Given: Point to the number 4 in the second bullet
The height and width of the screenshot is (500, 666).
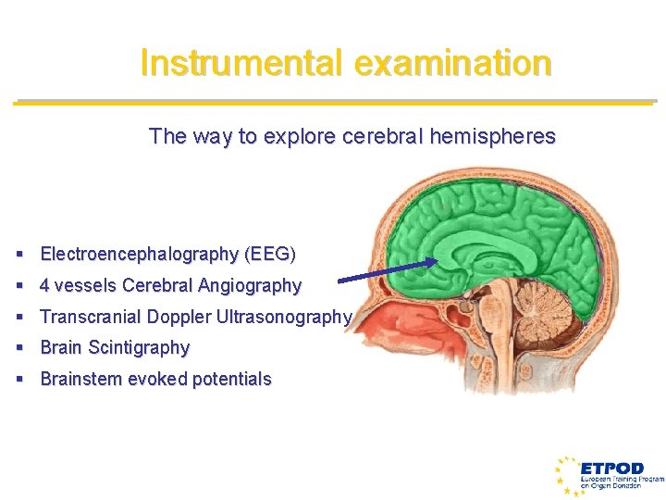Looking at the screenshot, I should (45, 285).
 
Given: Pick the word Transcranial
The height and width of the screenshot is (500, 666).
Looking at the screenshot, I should (88, 317).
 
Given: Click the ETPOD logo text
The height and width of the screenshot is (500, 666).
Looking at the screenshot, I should (611, 467).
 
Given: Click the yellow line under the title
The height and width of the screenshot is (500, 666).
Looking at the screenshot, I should (333, 102).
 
